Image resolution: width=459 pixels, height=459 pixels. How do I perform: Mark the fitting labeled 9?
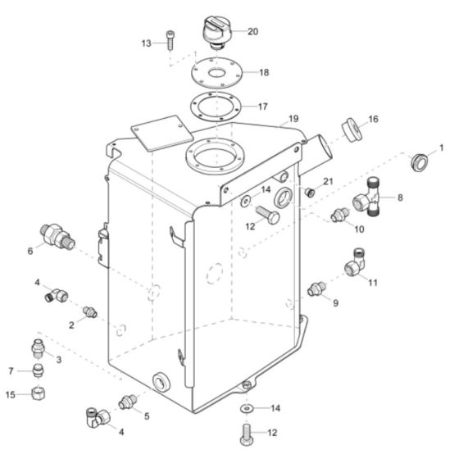[x=316, y=289]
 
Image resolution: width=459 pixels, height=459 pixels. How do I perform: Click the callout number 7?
[x=11, y=371]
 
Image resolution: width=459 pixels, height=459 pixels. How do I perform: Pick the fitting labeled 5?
[x=126, y=402]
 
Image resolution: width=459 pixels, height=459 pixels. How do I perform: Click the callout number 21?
[x=328, y=180]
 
